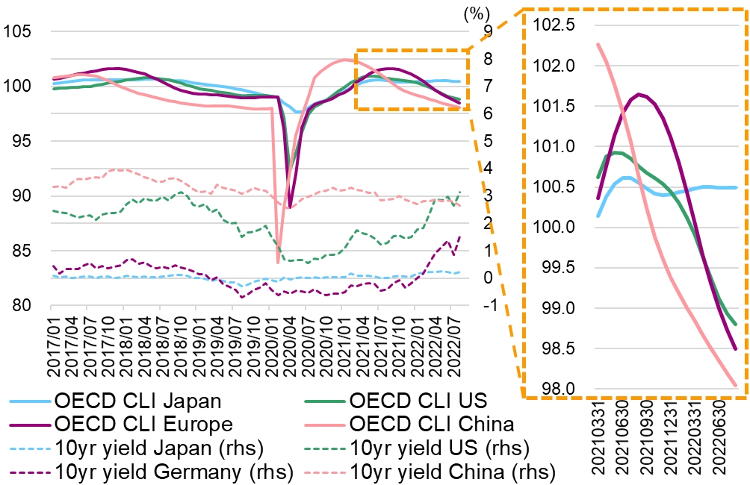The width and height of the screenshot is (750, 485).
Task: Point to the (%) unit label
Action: pyautogui.click(x=475, y=13)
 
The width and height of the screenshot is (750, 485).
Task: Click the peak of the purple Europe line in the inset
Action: pyautogui.click(x=639, y=94)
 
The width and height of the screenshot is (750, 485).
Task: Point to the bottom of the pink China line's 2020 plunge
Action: pyautogui.click(x=278, y=262)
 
